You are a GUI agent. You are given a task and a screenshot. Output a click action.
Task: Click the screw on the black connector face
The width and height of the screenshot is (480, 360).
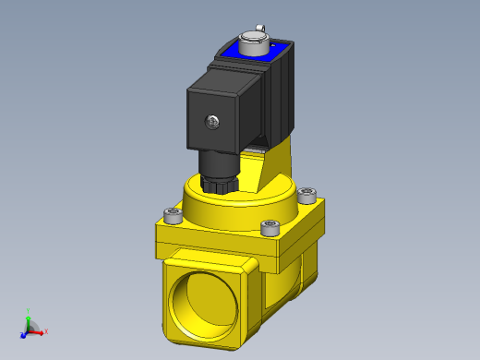213,120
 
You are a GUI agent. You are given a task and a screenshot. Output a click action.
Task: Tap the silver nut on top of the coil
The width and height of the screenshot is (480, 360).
252,42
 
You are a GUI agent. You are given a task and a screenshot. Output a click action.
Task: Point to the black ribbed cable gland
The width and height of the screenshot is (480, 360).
220,174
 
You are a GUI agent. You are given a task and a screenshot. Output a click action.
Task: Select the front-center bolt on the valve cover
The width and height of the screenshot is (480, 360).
270,227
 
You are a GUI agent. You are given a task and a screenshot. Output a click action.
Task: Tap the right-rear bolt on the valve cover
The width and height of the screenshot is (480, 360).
307,194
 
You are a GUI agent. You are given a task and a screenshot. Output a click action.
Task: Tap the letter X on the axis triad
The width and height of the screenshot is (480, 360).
46,330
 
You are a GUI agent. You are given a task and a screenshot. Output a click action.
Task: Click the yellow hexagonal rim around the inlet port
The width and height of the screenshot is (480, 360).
246,277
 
